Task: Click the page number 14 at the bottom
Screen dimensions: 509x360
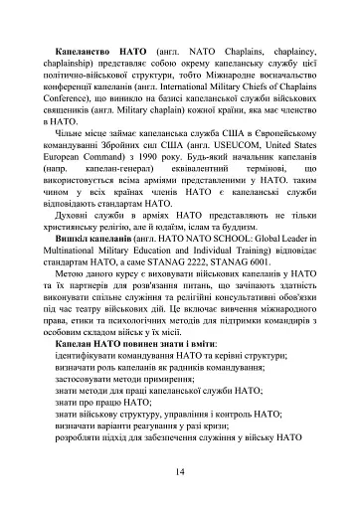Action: tap(179, 470)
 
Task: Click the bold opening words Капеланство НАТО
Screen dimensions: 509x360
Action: tap(99, 49)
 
